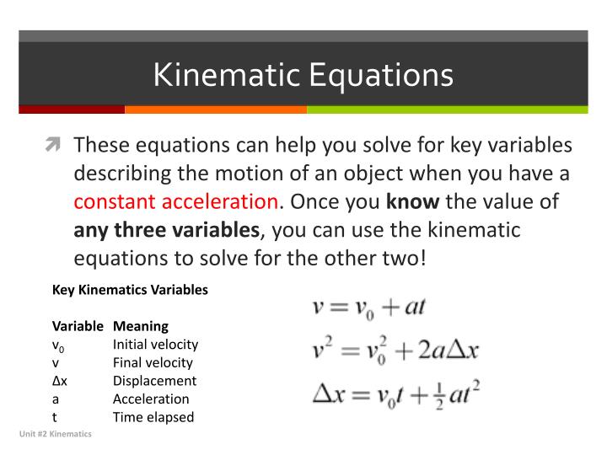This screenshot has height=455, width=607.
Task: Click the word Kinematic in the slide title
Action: tap(227, 75)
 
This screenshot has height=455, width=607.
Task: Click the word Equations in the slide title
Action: tap(381, 75)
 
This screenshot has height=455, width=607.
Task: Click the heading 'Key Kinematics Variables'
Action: tap(130, 290)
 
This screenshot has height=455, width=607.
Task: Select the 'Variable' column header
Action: tap(78, 325)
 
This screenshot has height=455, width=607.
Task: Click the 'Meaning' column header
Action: tap(141, 325)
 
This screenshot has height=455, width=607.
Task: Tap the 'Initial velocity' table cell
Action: tap(155, 344)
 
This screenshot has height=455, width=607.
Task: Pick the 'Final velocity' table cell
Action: tap(153, 362)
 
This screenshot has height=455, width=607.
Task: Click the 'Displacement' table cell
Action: tap(154, 381)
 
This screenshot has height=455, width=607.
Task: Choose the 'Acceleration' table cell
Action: tap(151, 399)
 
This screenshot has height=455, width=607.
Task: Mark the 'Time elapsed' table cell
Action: tap(153, 417)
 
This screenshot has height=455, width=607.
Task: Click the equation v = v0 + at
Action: tap(369, 307)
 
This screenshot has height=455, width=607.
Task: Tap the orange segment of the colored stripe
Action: tap(216, 109)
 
